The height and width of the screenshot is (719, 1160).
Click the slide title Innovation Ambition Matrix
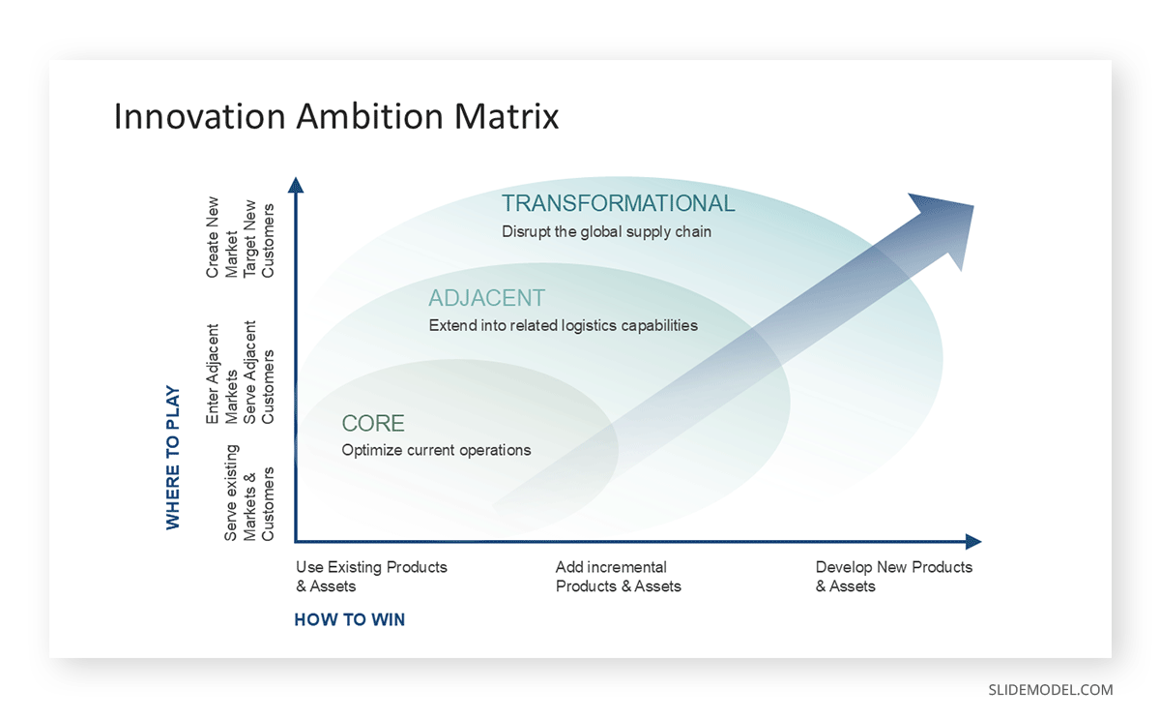coord(336,117)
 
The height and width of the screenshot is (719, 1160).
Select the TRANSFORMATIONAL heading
coord(618,203)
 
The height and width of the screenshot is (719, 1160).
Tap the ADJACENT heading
coord(487,298)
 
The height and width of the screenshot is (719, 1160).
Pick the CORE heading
coord(373,424)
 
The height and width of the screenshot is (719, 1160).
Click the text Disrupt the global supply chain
coord(606,232)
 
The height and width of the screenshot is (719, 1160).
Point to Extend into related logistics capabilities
coord(563,326)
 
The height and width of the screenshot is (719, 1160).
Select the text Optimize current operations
coord(436,450)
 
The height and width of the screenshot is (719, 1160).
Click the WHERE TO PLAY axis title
coord(173,458)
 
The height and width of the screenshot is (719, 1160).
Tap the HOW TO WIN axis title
coord(349,619)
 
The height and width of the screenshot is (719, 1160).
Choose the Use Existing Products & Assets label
coord(371,577)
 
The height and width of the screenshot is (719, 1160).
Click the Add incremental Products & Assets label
coord(618,577)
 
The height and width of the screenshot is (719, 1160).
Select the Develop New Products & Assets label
coord(893,577)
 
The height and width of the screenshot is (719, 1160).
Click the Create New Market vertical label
coord(222,238)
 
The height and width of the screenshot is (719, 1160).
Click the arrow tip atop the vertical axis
coord(297,185)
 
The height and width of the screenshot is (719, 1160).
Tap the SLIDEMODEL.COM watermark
coord(1050,690)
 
